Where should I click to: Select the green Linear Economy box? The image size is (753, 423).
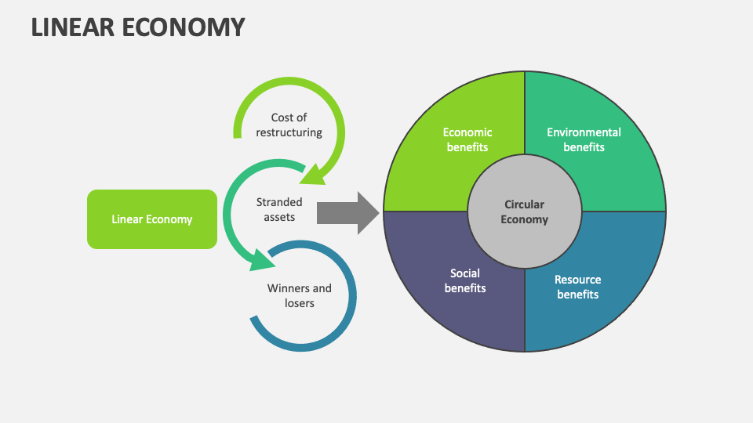tap(151, 219)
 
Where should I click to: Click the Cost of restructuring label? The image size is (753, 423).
tap(289, 125)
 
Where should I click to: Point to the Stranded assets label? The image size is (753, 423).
tap(278, 209)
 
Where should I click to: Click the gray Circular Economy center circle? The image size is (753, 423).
tap(524, 211)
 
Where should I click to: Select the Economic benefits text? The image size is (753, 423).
tap(467, 139)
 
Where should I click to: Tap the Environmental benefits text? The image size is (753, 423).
tap(584, 139)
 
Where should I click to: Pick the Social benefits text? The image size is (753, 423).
tap(465, 280)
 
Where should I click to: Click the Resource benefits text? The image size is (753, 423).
tap(578, 287)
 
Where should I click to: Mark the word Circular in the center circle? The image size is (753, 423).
tap(524, 204)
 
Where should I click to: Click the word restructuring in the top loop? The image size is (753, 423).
tap(289, 132)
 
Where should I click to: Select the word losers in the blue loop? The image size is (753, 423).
tap(299, 303)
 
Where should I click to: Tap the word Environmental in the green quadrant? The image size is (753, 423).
tap(584, 132)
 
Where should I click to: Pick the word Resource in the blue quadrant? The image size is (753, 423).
tap(578, 280)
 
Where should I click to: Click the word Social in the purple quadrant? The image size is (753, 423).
tap(465, 273)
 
